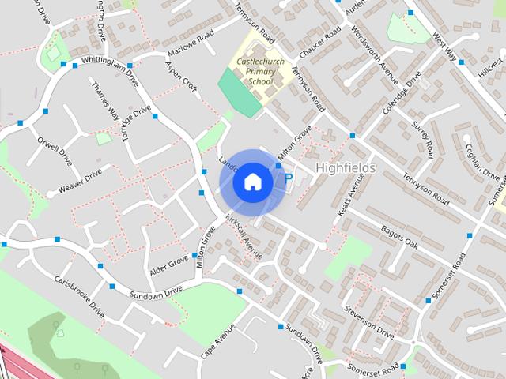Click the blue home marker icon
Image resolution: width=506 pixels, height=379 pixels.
click(x=251, y=182)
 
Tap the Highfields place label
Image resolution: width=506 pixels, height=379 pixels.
click(x=346, y=168)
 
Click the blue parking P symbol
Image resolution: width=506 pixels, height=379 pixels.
click(x=288, y=179)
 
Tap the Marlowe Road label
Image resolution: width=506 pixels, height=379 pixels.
click(x=191, y=50)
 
